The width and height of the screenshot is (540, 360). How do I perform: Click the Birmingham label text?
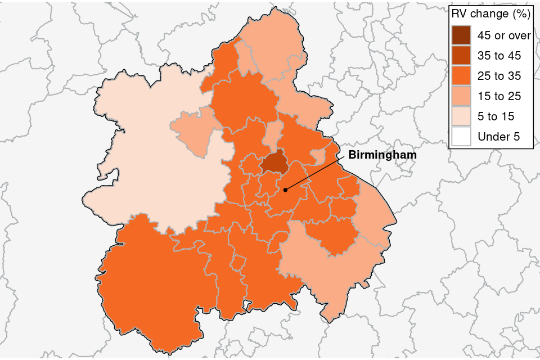(x=382, y=155)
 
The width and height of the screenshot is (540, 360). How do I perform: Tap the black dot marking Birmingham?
(x=285, y=190)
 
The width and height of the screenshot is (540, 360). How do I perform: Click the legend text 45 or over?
(x=504, y=35)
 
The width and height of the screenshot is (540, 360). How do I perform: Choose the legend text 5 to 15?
(x=496, y=116)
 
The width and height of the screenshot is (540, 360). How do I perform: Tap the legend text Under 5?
(x=498, y=137)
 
